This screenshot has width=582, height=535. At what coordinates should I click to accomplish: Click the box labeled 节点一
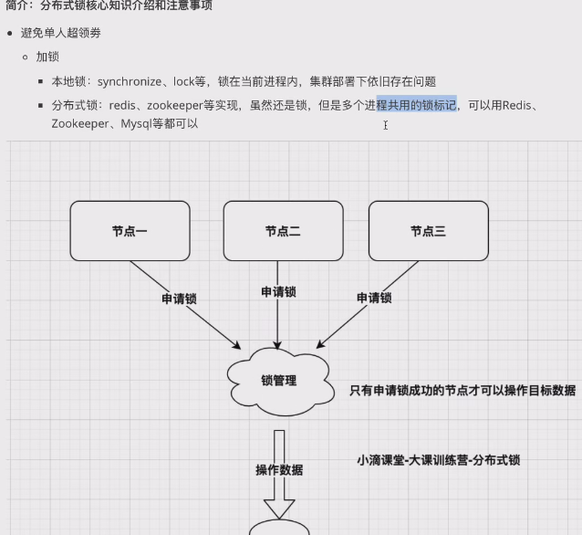(130, 231)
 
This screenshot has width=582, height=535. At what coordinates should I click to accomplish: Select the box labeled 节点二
(283, 231)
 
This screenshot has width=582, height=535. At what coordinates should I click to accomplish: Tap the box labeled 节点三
(429, 231)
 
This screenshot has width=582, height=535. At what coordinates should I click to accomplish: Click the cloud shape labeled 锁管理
(280, 382)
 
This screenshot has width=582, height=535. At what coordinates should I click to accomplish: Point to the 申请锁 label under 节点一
(179, 299)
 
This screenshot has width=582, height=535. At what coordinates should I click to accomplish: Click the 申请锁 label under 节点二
(278, 291)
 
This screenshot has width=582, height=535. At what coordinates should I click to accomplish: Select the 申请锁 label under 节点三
(374, 298)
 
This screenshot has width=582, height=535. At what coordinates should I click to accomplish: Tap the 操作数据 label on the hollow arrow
(279, 470)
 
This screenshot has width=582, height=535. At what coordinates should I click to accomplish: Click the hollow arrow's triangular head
(279, 509)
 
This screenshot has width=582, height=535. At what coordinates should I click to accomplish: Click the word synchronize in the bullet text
(130, 81)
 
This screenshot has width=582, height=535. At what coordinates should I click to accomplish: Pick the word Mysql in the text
(136, 124)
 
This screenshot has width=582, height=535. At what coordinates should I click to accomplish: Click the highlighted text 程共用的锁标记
(417, 105)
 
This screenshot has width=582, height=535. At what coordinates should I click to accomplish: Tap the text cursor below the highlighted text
(386, 125)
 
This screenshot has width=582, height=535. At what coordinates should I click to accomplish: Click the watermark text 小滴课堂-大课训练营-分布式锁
(439, 460)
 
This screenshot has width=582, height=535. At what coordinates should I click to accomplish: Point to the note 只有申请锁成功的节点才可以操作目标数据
(462, 390)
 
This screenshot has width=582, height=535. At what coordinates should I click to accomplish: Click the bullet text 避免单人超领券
(61, 33)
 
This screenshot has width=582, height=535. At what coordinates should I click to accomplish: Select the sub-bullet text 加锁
(47, 57)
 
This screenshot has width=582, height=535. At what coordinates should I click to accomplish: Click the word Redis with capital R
(516, 106)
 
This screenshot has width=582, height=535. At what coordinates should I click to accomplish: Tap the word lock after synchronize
(183, 81)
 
